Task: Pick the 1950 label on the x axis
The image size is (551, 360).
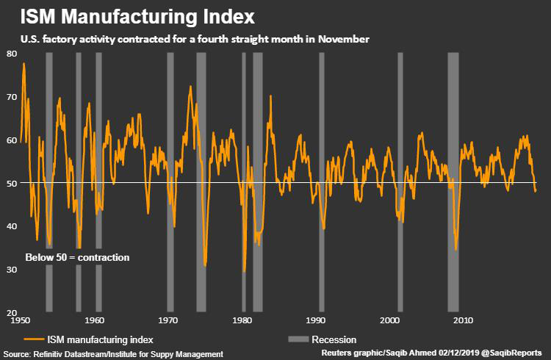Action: tap(20, 321)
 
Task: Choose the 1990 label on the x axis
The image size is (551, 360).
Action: tap(317, 321)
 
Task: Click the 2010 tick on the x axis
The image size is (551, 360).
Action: tap(463, 321)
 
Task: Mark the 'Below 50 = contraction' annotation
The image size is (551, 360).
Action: tap(77, 257)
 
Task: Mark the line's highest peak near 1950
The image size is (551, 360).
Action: tap(24, 64)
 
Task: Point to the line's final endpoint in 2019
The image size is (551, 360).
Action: tap(536, 191)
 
